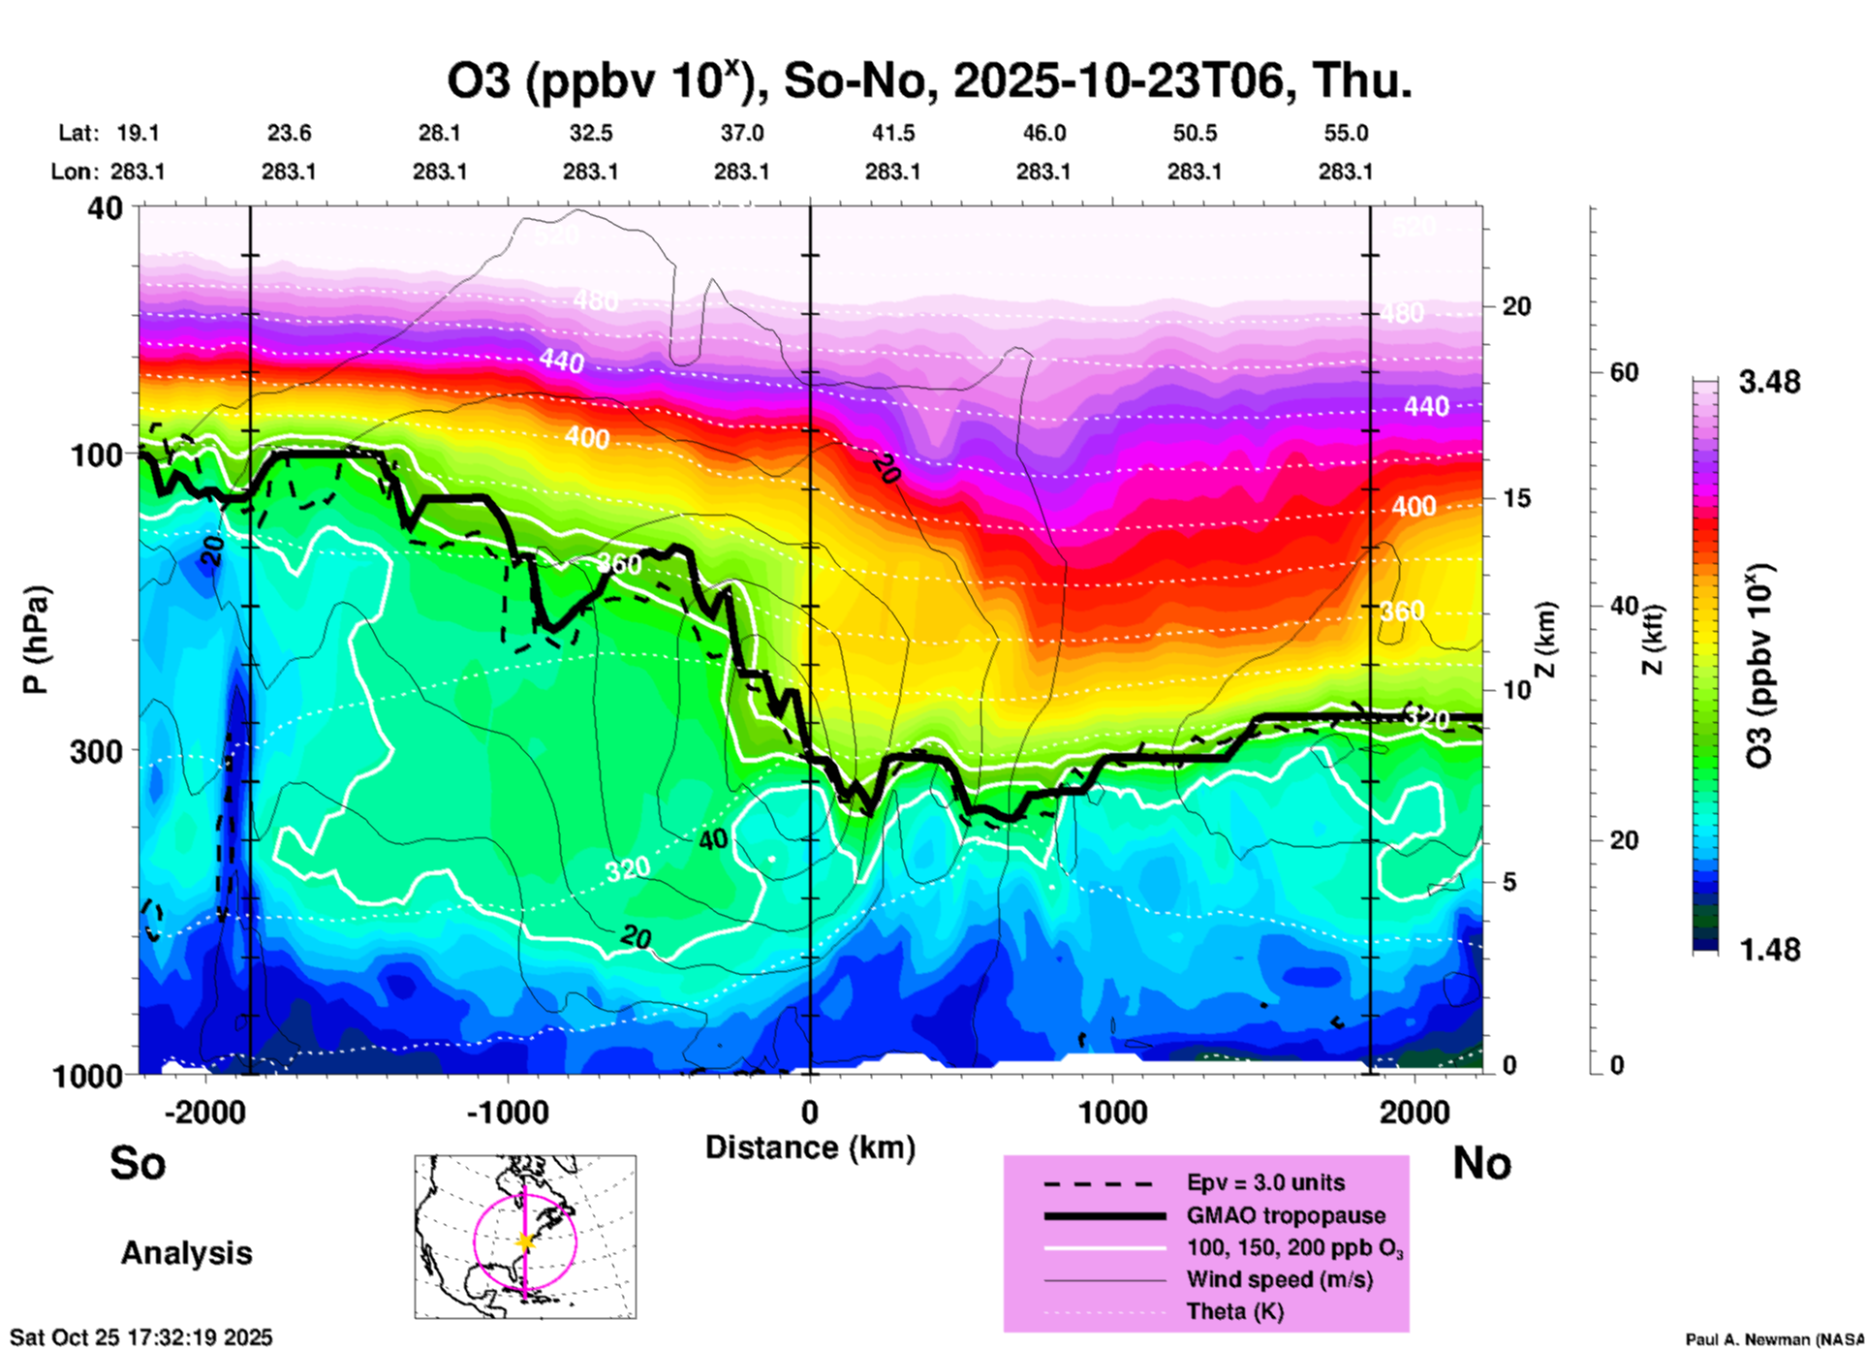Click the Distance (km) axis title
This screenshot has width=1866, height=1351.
coord(810,1147)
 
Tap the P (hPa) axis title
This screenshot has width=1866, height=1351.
coord(36,640)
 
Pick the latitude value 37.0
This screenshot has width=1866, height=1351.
coord(741,133)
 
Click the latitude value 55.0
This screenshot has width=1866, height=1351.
coord(1346,133)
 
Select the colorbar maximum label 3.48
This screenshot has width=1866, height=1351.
coord(1769,382)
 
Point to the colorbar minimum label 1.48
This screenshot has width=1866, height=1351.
coord(1769,949)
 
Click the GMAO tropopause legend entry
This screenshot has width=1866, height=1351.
coord(1286,1215)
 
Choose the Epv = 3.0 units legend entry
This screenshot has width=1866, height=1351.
coord(1265,1182)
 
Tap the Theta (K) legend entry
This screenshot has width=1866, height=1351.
coord(1234,1311)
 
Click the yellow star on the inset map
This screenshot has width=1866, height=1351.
coord(525,1241)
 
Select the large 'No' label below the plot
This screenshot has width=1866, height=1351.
coord(1481,1163)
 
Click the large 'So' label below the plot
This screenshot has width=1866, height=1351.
coord(138,1163)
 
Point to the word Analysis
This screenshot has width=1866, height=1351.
coord(186,1253)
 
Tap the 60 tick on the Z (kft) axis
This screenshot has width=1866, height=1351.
coord(1625,372)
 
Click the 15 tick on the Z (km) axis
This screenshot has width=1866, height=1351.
coord(1516,498)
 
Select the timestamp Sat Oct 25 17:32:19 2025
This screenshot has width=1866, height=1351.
coord(141,1337)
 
